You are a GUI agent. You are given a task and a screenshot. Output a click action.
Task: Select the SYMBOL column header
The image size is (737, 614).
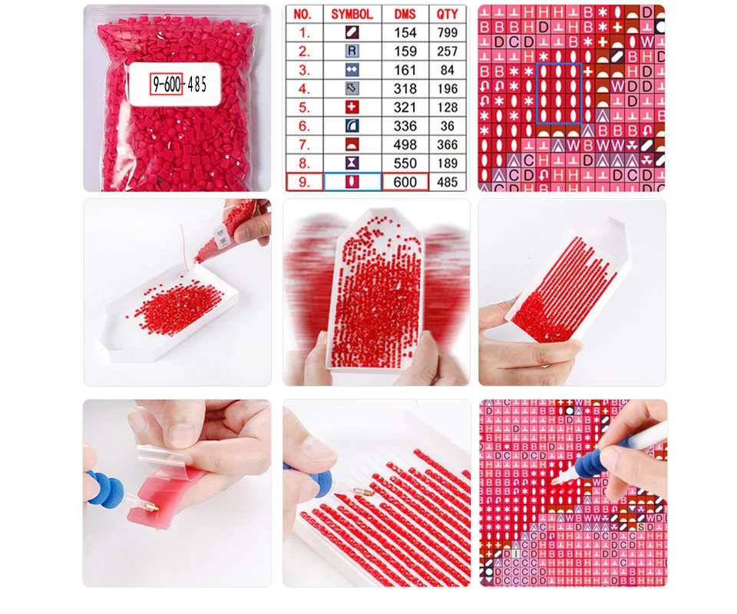(x=352, y=14)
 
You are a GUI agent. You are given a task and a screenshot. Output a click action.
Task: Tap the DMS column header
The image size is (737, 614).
(x=405, y=14)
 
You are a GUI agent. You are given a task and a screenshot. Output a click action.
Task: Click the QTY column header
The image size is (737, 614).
(x=447, y=14)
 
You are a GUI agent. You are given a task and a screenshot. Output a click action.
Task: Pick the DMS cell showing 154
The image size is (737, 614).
(x=405, y=32)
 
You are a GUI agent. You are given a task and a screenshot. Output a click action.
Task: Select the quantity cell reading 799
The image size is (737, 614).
(x=447, y=32)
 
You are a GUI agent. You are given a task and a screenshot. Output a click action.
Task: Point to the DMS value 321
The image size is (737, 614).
(x=405, y=107)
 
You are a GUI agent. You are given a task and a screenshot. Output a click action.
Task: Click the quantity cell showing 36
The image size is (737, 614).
(x=447, y=126)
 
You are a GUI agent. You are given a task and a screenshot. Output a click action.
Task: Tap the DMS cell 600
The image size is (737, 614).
(x=405, y=182)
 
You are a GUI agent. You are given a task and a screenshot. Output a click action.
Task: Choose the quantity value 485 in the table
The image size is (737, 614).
(x=447, y=182)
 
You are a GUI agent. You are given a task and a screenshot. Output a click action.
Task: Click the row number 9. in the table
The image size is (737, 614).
(x=305, y=182)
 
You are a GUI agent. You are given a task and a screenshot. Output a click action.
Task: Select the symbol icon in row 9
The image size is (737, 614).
(x=352, y=182)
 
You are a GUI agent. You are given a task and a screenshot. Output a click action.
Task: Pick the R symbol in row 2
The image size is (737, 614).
(x=352, y=51)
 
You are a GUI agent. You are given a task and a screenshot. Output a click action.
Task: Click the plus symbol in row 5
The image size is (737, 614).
(x=352, y=107)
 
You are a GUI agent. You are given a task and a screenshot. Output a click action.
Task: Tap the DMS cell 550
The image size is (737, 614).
(x=405, y=163)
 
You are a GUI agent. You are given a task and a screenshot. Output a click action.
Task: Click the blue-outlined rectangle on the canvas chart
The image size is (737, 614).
(x=558, y=94)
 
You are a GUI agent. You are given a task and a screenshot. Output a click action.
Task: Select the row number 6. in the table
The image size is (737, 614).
(x=305, y=126)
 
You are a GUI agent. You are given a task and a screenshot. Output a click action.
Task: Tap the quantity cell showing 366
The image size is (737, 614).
(x=447, y=144)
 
